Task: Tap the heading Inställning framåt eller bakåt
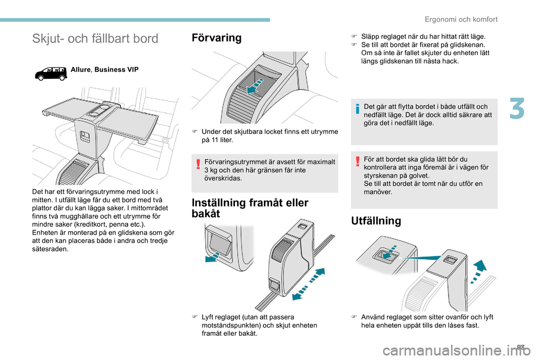(x=250, y=208)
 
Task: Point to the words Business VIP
(x=116, y=70)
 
